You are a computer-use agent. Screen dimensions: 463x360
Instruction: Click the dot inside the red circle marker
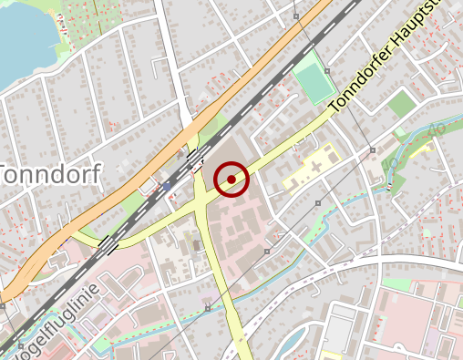point(232,179)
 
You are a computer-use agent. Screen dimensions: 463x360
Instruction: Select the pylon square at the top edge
point(296,16)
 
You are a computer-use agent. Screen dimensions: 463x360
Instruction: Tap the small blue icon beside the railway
point(167,186)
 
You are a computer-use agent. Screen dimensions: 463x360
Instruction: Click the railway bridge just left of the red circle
point(196,161)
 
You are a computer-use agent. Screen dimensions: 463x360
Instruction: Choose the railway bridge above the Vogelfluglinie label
point(108,244)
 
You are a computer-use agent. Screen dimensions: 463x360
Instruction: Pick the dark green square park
point(401,105)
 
